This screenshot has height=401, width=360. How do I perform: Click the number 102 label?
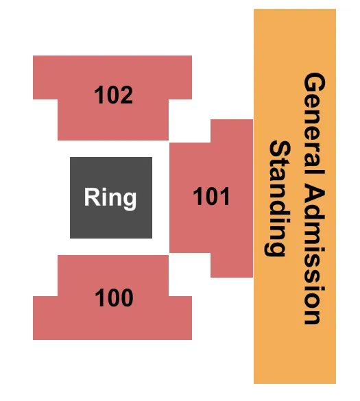[114, 95]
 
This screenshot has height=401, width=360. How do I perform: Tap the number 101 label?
[211, 197]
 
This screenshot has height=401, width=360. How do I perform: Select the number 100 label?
[114, 298]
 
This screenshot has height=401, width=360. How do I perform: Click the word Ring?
[110, 197]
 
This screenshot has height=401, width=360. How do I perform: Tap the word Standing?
[276, 198]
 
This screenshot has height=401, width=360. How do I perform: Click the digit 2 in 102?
[126, 95]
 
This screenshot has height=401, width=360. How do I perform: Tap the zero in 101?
[211, 197]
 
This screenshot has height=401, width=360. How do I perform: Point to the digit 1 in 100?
[101, 298]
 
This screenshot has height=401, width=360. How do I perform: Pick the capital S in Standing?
[276, 149]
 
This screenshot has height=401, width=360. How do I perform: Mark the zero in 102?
[114, 95]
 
